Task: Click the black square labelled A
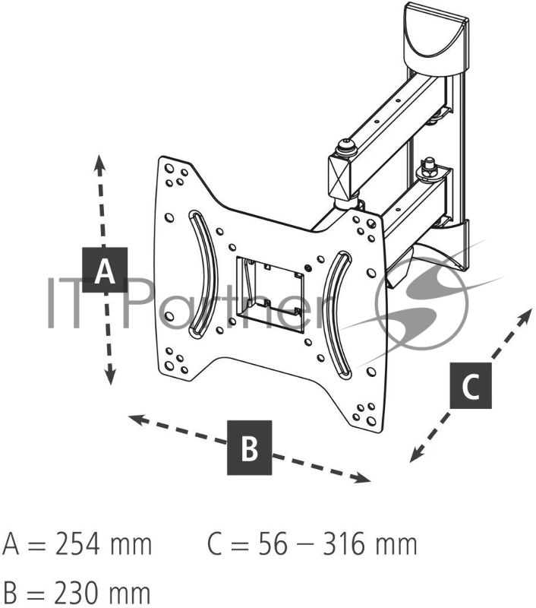[x=105, y=270]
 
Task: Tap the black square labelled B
[x=250, y=448]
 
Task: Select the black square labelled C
[x=471, y=385]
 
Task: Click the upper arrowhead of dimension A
[x=99, y=162]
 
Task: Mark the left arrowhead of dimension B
[x=136, y=419]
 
